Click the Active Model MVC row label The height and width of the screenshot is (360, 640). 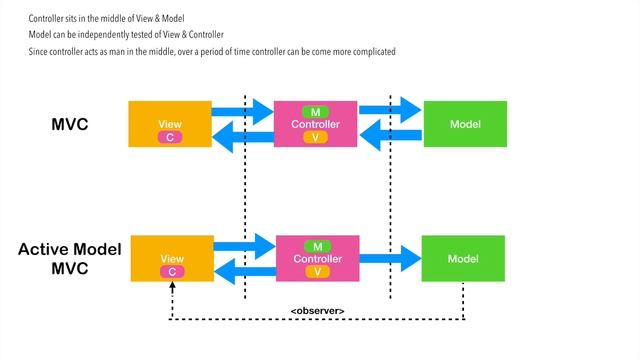pos(69,257)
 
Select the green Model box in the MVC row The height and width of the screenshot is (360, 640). pos(464,124)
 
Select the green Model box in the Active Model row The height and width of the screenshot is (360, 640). pos(463,258)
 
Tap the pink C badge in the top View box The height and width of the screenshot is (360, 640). pos(170,136)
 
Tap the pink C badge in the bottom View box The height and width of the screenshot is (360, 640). pos(172,271)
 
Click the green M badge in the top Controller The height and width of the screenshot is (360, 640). pos(316,110)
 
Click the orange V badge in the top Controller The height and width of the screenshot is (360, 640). pos(316,137)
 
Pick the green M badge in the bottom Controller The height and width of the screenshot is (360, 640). pos(317,245)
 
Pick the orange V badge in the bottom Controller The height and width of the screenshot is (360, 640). pos(317,272)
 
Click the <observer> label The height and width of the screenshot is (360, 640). pos(317,311)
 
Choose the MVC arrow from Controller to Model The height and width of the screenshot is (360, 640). pos(390,109)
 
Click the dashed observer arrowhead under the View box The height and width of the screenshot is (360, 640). pos(172,286)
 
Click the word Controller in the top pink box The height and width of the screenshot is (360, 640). pos(316,124)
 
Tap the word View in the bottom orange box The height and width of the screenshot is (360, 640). pos(172,258)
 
